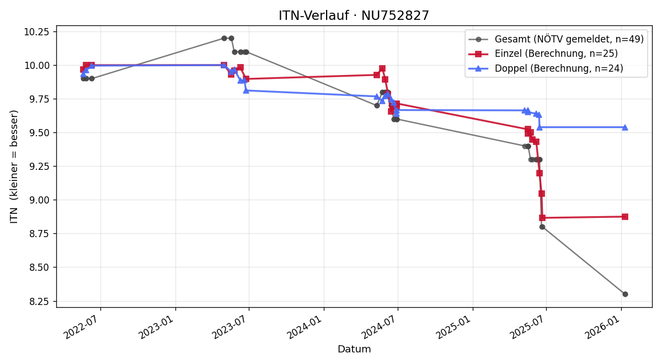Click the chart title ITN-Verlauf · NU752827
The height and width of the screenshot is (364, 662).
(x=354, y=15)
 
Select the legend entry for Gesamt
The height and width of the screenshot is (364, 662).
(x=556, y=39)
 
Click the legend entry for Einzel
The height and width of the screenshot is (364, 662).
(x=543, y=53)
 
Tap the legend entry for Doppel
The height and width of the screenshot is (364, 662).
(x=546, y=68)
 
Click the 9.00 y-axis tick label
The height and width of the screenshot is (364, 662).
(x=39, y=200)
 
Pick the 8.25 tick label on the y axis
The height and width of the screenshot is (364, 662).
(x=39, y=302)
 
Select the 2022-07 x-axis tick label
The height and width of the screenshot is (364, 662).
(x=82, y=328)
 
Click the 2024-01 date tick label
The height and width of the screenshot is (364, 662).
(x=306, y=328)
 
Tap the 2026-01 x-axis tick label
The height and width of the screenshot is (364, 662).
(x=603, y=328)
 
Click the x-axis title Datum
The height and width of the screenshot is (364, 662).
(x=354, y=349)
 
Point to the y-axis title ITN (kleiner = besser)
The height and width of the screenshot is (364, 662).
(x=14, y=167)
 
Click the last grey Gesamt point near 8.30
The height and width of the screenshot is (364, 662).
(x=625, y=295)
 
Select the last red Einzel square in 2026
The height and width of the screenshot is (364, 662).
(x=625, y=217)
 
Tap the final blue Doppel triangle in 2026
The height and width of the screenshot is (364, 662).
(x=625, y=127)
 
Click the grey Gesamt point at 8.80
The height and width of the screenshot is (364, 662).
(x=542, y=227)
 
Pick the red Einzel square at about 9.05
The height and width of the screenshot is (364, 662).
(x=542, y=194)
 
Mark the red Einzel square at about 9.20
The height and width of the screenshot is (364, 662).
(x=540, y=173)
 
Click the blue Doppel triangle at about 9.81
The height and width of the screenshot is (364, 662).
(x=246, y=90)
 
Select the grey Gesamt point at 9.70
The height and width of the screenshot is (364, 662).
(x=377, y=105)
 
